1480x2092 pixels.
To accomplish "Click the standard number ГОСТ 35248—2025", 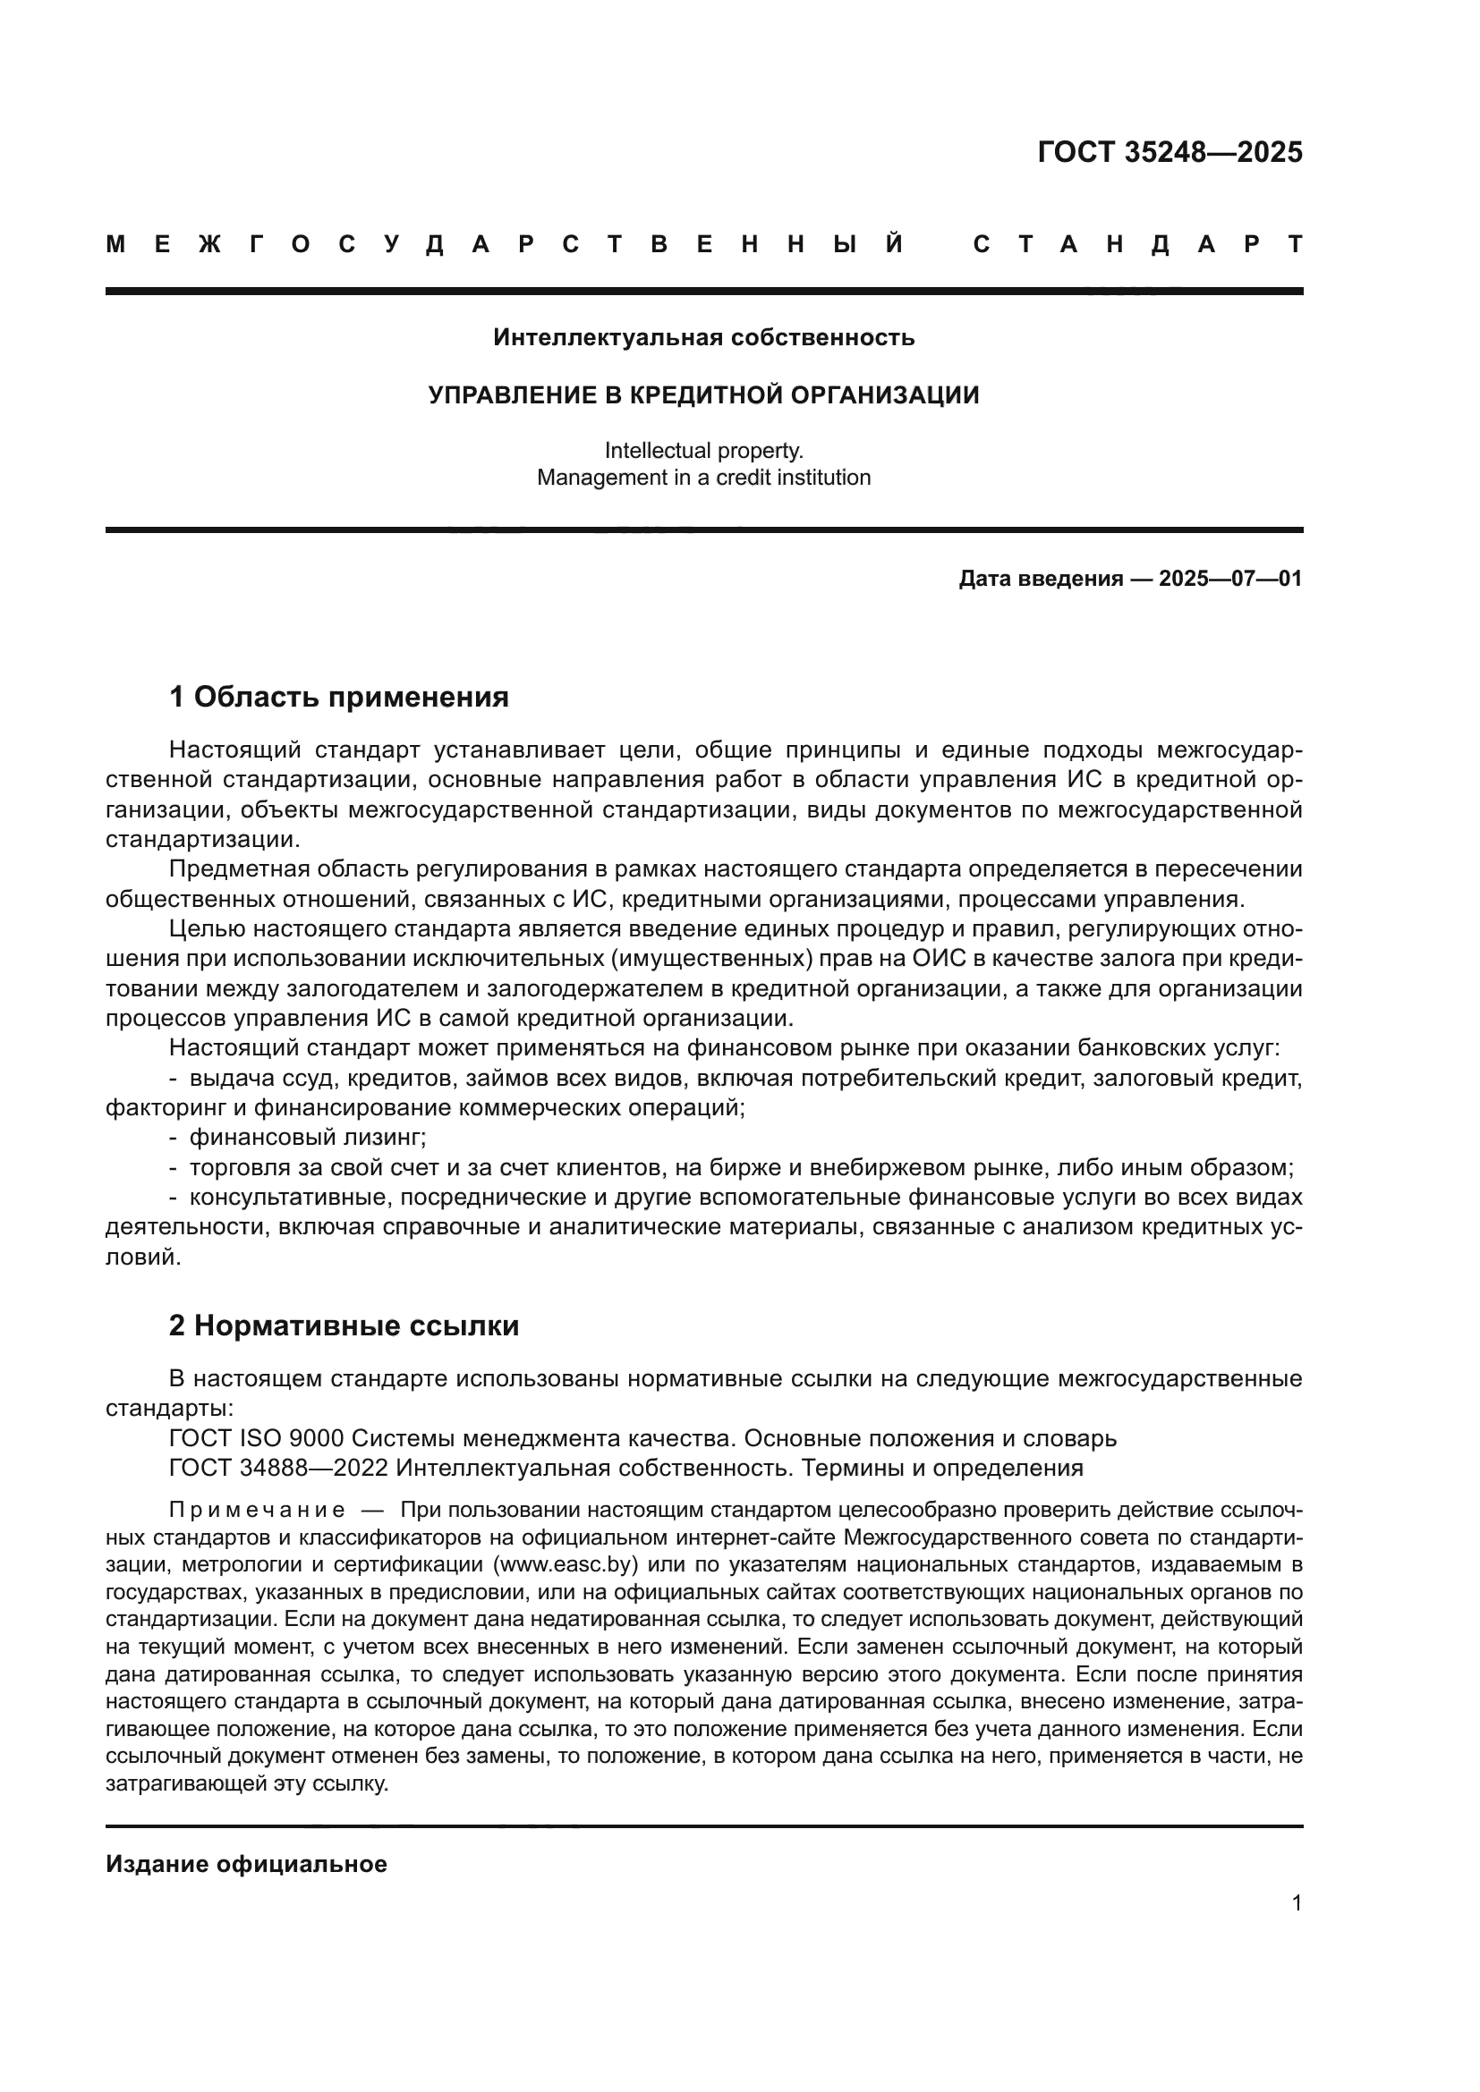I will click(1170, 152).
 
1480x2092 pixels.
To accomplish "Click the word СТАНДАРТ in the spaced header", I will click(1137, 244).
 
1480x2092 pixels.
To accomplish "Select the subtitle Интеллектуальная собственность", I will click(703, 338).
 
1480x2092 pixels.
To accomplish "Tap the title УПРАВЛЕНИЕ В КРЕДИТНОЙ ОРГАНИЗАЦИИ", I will click(703, 395).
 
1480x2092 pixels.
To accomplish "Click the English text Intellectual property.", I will click(703, 450).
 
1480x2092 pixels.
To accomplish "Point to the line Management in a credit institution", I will click(703, 478).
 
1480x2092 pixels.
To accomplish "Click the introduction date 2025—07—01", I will click(1229, 579).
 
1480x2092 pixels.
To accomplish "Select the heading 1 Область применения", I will click(338, 697).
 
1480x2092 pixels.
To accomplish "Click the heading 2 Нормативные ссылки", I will click(344, 1325).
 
